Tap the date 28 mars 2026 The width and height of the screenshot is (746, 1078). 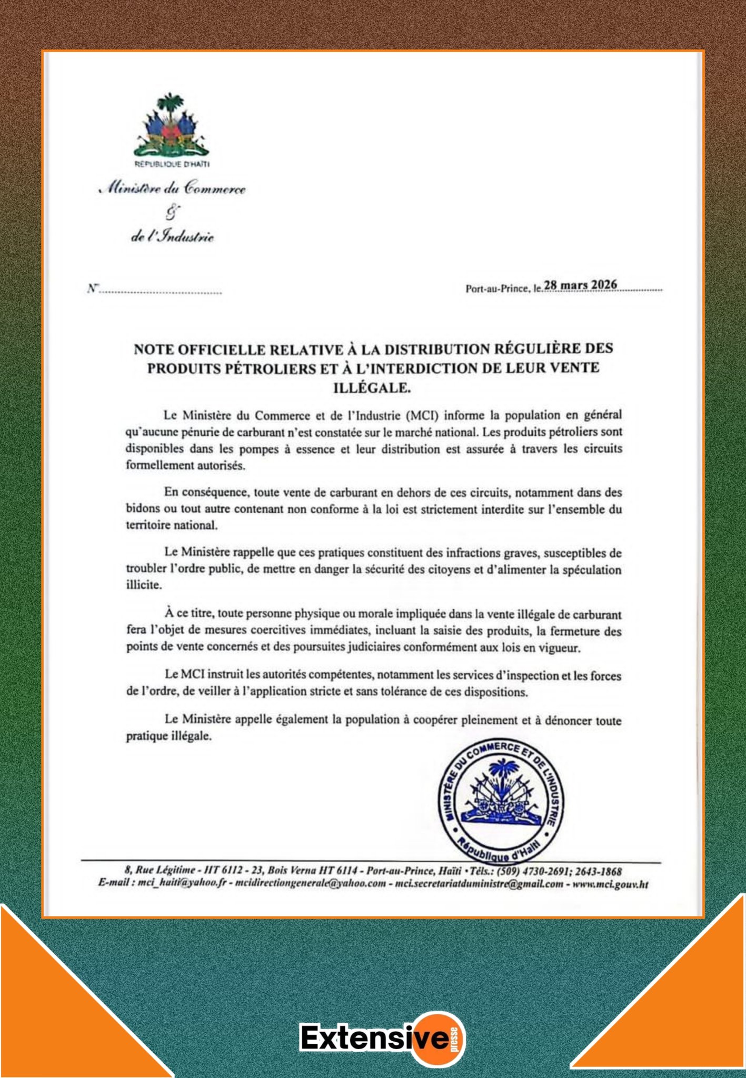tap(580, 285)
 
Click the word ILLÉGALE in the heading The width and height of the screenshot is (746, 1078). tap(372, 388)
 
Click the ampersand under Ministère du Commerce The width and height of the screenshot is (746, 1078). tap(172, 213)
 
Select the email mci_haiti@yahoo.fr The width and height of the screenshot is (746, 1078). tap(182, 885)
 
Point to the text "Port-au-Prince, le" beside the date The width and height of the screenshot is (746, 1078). tap(504, 288)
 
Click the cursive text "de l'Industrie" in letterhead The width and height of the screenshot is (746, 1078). tap(172, 237)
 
